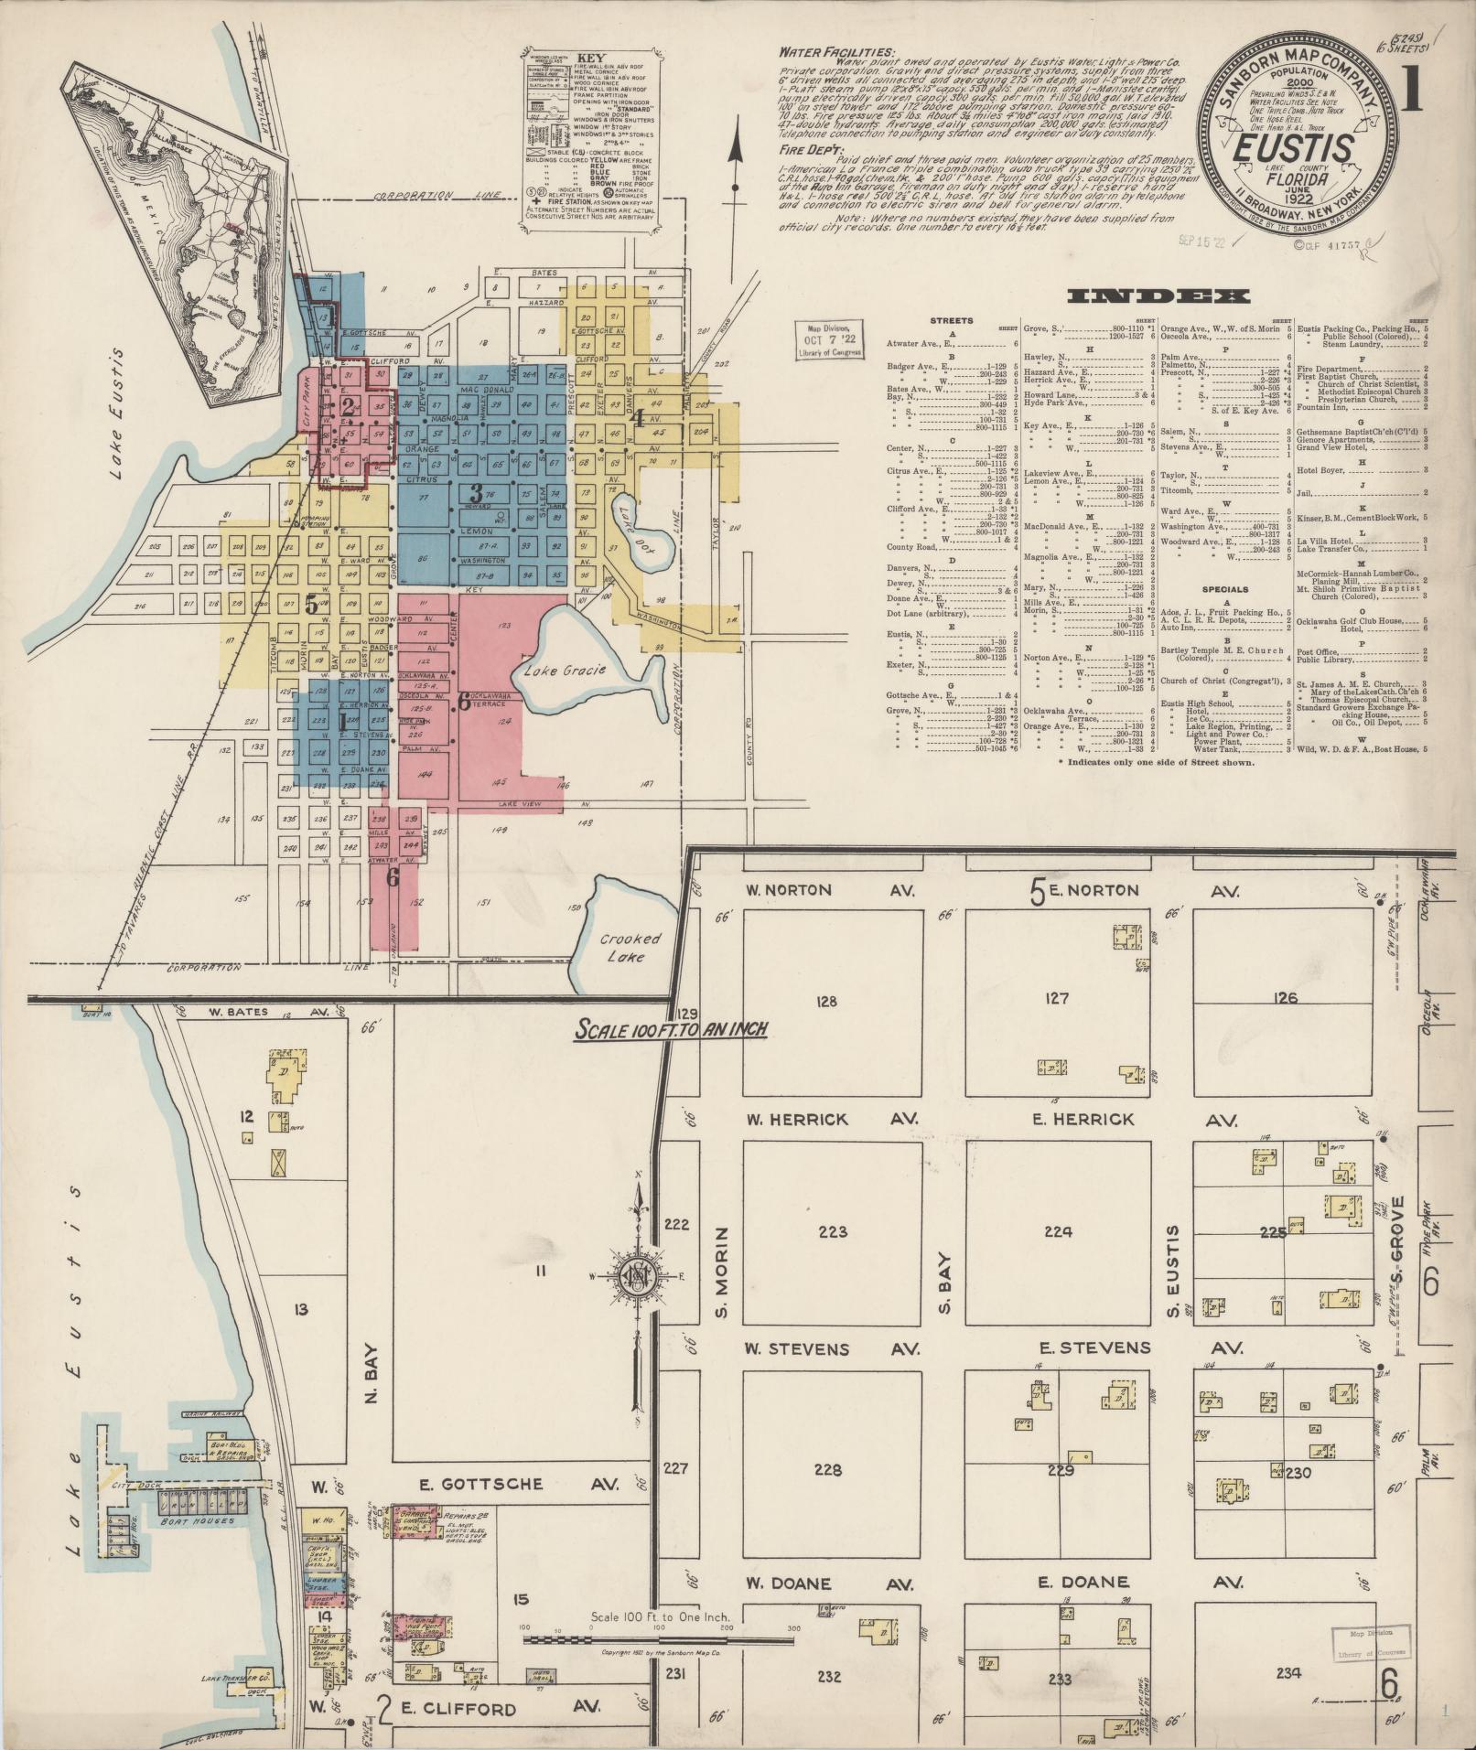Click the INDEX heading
coord(1158,295)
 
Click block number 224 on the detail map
coord(1058,1231)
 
